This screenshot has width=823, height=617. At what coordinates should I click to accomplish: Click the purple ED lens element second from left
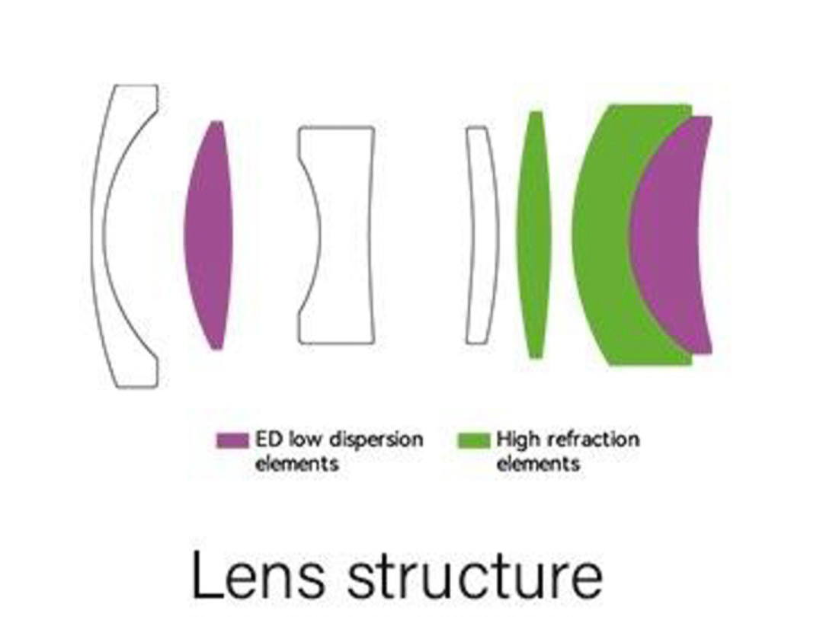208,235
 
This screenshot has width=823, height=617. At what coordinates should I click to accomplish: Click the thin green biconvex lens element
534,235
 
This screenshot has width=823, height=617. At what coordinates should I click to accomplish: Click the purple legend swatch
232,440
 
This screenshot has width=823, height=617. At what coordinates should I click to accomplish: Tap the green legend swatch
472,440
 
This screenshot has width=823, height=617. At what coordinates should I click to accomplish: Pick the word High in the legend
517,440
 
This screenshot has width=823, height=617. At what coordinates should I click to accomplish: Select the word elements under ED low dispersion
296,464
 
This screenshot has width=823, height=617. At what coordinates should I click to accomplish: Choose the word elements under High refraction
538,463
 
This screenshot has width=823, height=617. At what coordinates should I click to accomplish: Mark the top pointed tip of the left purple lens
218,123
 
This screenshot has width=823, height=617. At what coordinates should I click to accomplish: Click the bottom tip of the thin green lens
536,356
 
